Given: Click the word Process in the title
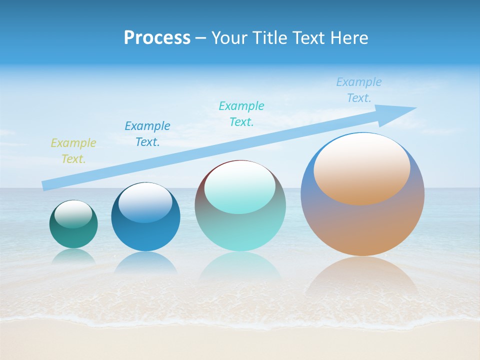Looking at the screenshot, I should pos(157,38).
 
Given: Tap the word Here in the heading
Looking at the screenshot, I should pos(349,38).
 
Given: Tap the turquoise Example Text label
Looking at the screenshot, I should pos(241,114).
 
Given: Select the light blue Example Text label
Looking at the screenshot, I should pos(358,90).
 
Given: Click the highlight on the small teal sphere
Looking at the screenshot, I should pos(73,214).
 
